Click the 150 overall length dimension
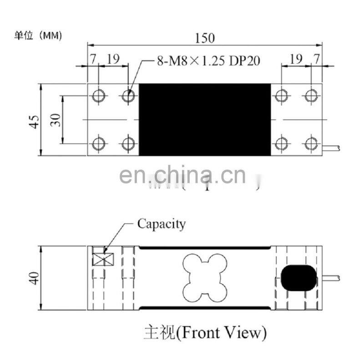point(204,38)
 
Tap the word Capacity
point(162,224)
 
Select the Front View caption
point(204,333)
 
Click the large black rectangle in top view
point(204,120)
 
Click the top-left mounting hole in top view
point(99,96)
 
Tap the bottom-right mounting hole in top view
point(311,144)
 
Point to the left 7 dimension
point(93,59)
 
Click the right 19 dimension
point(296,59)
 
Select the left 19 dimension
point(113,59)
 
